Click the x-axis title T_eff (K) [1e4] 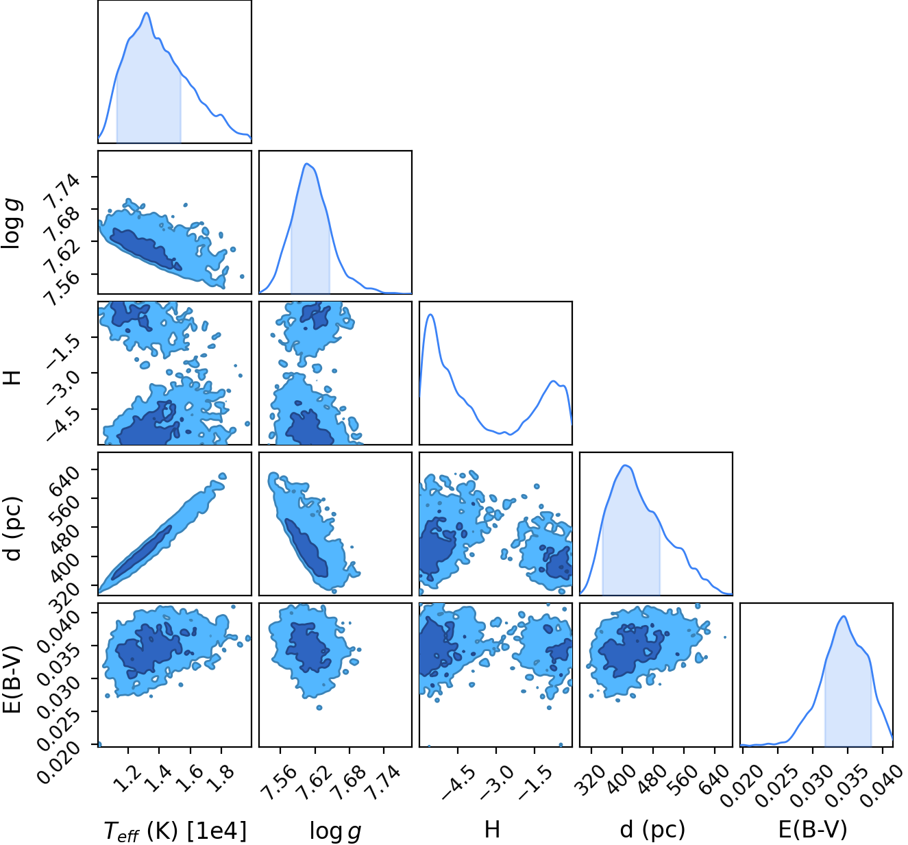point(175,830)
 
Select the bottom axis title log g point(336,831)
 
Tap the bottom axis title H point(492,829)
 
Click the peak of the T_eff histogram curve point(147,12)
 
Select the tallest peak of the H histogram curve point(430,315)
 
